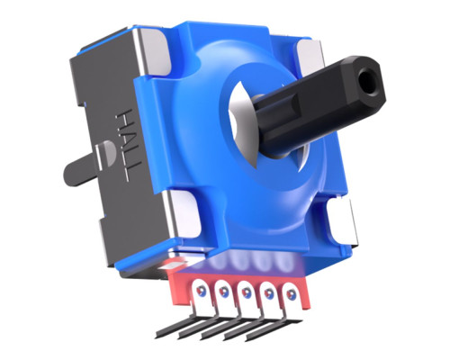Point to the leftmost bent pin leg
(191, 328)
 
